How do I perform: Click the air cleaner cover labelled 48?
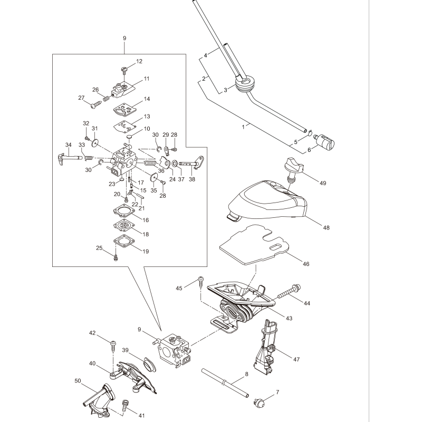point(269,203)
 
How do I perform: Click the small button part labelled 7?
point(260,402)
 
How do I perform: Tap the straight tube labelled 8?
point(224,381)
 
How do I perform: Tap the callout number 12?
point(139,62)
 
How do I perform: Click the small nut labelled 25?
point(116,257)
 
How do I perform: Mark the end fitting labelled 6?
point(322,142)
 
